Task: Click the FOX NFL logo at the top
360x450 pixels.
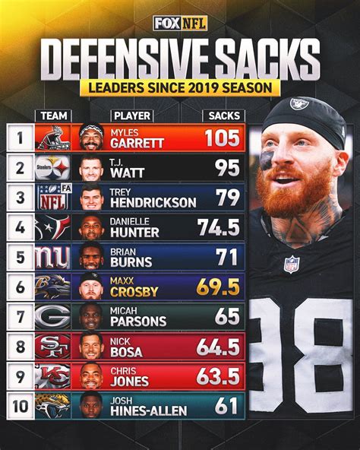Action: pyautogui.click(x=179, y=23)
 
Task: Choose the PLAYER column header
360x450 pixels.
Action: pyautogui.click(x=131, y=116)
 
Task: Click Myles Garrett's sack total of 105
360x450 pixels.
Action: pyautogui.click(x=223, y=138)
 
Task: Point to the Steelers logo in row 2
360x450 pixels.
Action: pyautogui.click(x=52, y=167)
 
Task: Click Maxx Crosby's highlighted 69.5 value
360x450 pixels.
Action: pyautogui.click(x=219, y=287)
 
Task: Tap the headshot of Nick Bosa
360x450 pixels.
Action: pyautogui.click(x=91, y=346)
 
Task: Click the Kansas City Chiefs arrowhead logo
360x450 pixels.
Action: pyautogui.click(x=52, y=376)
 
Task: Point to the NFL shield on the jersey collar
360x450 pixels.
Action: pyautogui.click(x=292, y=264)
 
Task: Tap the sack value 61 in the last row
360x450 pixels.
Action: pyautogui.click(x=226, y=405)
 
